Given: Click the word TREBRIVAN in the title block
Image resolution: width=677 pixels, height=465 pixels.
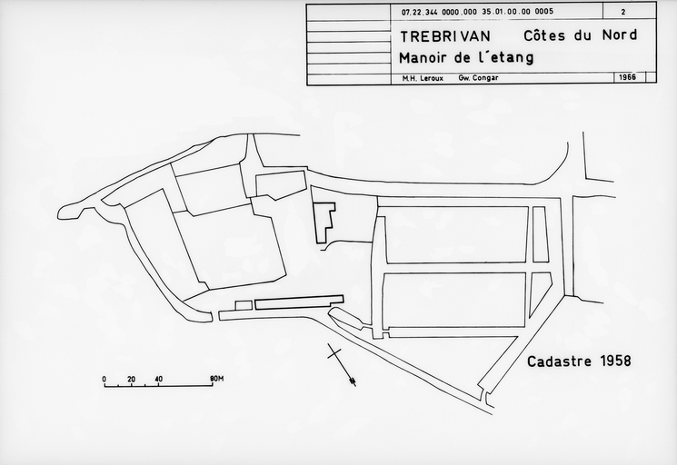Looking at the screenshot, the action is coord(445,36).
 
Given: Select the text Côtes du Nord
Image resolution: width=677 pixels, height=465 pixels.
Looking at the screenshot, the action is coord(581,35).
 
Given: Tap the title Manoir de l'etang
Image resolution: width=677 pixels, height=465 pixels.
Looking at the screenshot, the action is coord(466,58).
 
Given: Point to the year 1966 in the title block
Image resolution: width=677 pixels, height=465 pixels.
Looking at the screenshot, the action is coord(627,77).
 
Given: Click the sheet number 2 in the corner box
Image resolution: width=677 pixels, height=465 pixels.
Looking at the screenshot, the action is coord(623,12).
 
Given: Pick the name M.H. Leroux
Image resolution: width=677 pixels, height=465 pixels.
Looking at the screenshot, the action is coord(423,78).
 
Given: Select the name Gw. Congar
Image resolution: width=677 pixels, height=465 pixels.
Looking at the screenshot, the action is coord(478,78).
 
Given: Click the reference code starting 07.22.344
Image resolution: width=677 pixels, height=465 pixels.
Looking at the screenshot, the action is coord(477,12).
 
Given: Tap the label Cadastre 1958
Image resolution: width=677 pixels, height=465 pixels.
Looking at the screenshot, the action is coord(579,361).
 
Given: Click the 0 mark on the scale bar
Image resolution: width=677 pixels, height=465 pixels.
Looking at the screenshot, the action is coord(105,380).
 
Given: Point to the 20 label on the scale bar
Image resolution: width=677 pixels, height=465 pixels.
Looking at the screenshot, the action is coord(131,380).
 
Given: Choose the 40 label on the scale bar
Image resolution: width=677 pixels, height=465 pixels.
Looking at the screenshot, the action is coord(158,380).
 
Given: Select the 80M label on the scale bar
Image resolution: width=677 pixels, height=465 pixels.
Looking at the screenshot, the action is coord(217,379).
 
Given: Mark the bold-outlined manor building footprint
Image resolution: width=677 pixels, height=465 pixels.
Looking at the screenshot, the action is coord(324,223).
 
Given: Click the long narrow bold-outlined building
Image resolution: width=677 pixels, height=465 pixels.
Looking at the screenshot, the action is coord(299,302).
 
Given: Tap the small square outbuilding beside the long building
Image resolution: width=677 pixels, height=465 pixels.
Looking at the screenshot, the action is coord(244,306).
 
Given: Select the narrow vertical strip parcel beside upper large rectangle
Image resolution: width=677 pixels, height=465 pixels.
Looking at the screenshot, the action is coord(540,234).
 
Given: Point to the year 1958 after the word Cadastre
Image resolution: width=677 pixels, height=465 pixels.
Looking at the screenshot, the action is coord(615,361).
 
